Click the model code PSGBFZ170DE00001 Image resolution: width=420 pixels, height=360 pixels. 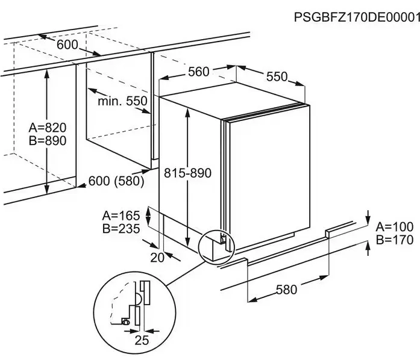[357, 17]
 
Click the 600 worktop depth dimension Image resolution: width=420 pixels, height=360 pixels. [67, 45]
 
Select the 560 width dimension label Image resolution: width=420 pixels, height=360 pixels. [198, 72]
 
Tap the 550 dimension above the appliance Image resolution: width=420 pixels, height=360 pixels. [277, 76]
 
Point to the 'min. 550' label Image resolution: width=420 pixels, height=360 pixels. [122, 101]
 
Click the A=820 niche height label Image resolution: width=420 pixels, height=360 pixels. [48, 128]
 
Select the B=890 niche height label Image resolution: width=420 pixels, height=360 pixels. [48, 141]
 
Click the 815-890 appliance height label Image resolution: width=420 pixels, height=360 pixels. [187, 173]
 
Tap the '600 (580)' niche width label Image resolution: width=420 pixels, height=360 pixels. [116, 181]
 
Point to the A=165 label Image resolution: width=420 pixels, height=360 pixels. [121, 216]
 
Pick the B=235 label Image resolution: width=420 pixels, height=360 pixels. [121, 229]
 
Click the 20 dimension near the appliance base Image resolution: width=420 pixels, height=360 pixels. [157, 258]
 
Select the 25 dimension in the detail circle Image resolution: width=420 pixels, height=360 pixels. [142, 341]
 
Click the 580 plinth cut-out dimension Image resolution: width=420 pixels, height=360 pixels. [286, 290]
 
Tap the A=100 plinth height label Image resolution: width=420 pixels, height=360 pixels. [395, 227]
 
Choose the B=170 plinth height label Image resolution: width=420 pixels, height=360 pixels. [395, 240]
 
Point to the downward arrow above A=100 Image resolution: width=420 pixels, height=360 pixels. [368, 217]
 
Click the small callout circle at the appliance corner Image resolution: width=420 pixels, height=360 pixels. [216, 247]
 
